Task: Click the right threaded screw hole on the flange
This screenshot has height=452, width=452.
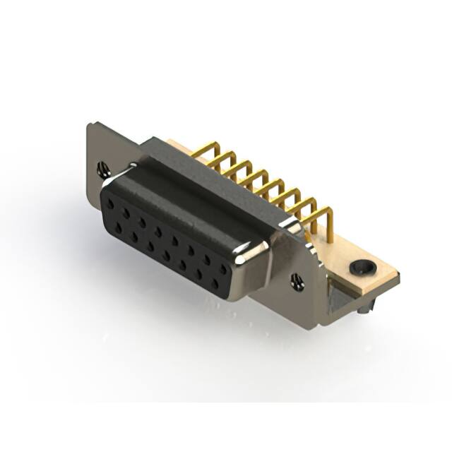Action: click(x=297, y=281)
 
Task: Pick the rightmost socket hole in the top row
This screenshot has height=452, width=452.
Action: click(x=224, y=269)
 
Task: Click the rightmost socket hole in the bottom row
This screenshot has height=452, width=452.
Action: click(x=215, y=284)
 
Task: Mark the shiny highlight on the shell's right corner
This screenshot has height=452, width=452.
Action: click(x=253, y=248)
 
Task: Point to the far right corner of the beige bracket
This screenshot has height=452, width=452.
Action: click(x=399, y=275)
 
